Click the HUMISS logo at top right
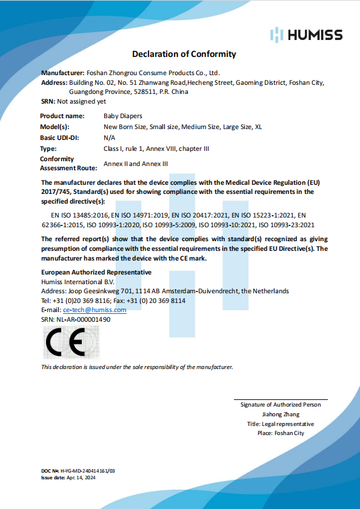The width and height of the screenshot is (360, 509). (307, 35)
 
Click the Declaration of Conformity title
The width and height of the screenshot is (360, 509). (184, 55)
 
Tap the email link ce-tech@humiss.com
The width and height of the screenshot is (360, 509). (95, 310)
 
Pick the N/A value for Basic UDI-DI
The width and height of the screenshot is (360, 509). (109, 138)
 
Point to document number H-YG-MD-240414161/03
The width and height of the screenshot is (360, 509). (87, 470)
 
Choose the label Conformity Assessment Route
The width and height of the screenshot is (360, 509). (65, 164)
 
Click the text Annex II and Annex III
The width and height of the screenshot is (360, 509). (136, 164)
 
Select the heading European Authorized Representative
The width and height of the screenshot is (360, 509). (96, 273)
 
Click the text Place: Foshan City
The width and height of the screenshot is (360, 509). (280, 433)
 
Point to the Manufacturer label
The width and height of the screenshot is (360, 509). (62, 72)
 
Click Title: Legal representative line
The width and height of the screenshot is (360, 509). (280, 424)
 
